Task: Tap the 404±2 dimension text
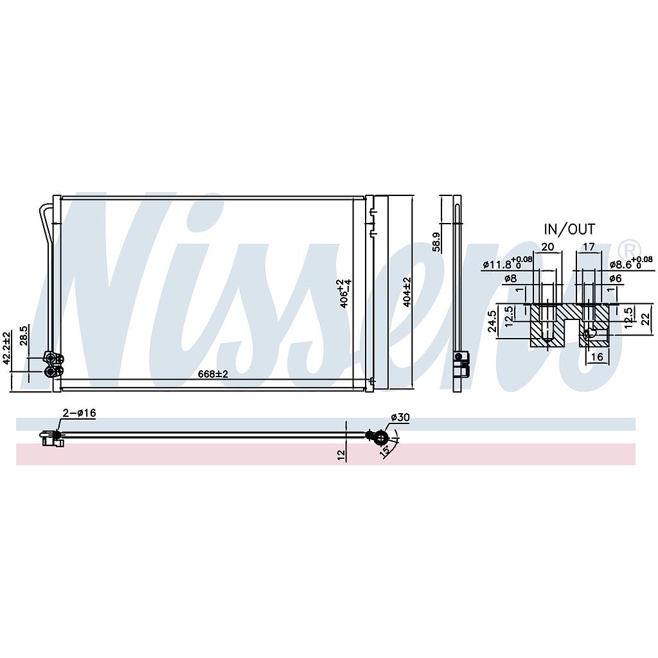405,292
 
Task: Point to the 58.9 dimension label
436,242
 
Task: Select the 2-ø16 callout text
79,413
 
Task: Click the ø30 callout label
400,418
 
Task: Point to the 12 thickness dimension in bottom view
341,454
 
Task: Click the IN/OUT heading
569,229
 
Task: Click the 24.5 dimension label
493,321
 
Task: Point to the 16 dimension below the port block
596,357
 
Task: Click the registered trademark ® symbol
629,248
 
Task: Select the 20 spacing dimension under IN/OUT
547,245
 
